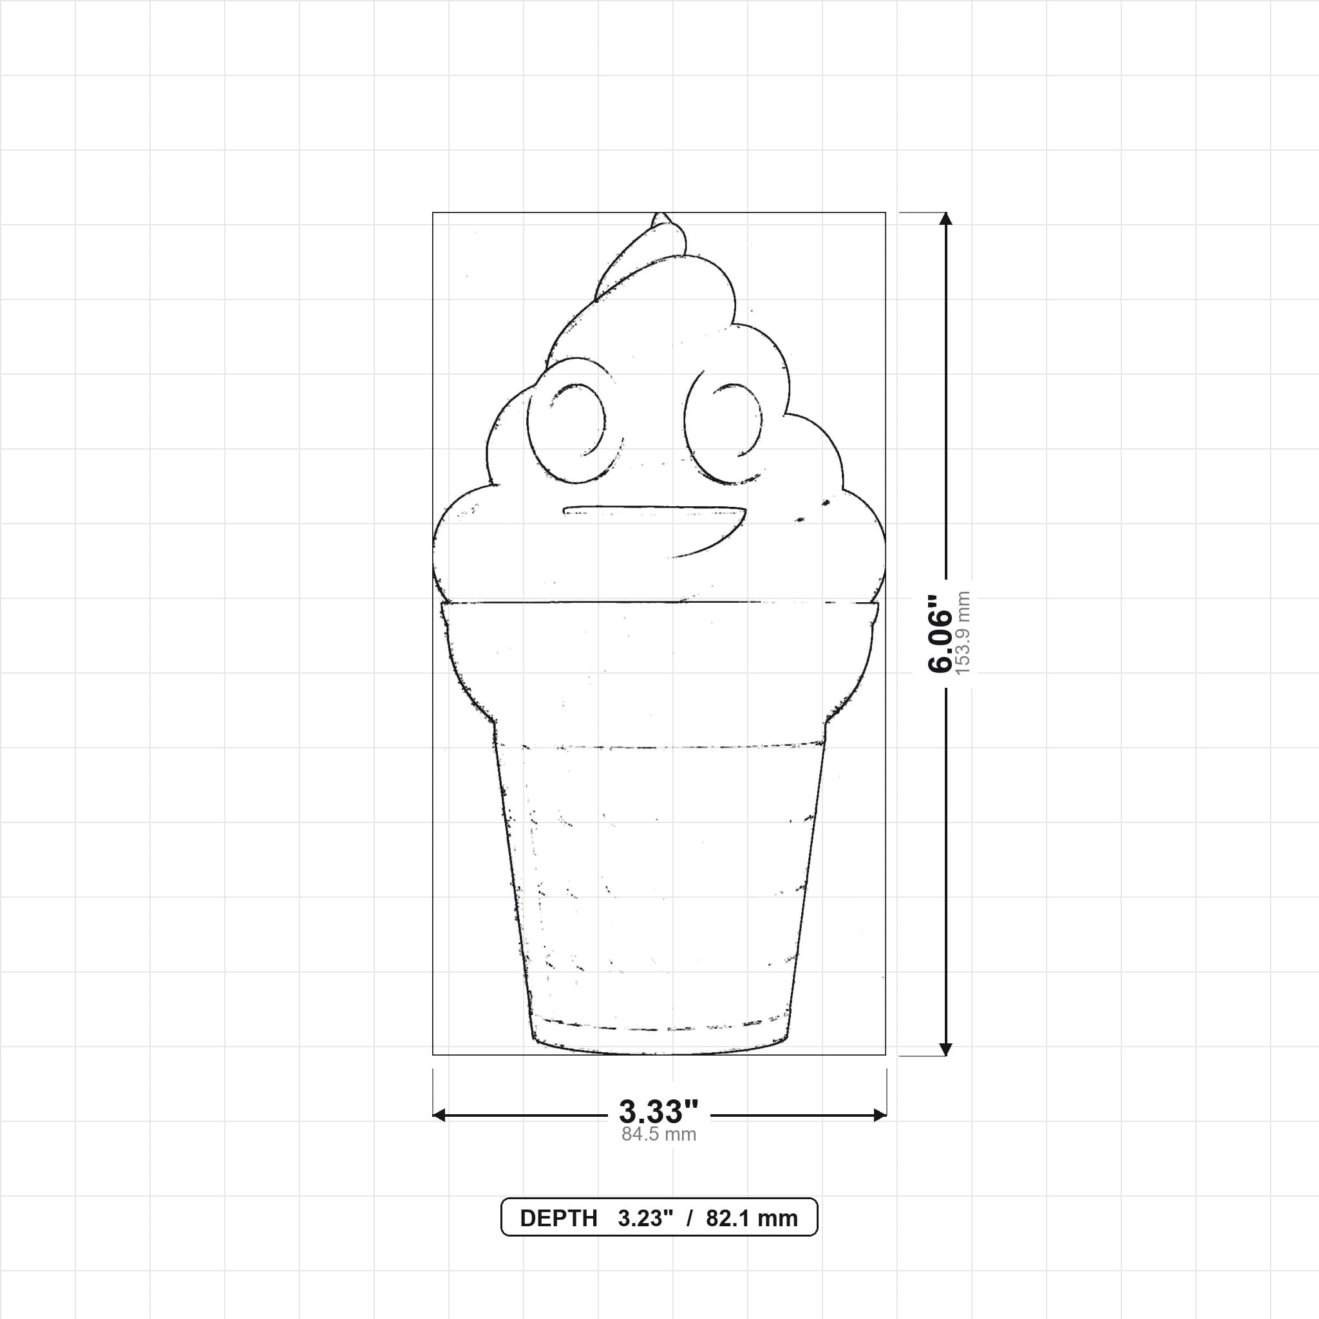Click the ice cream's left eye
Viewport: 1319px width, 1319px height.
[x=576, y=420]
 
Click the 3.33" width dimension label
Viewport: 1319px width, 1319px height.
[x=659, y=1112]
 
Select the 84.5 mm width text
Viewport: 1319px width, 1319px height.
[x=659, y=1135]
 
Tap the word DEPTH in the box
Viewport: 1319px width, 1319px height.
[x=558, y=1219]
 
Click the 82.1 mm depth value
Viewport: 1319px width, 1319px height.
[x=752, y=1219]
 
